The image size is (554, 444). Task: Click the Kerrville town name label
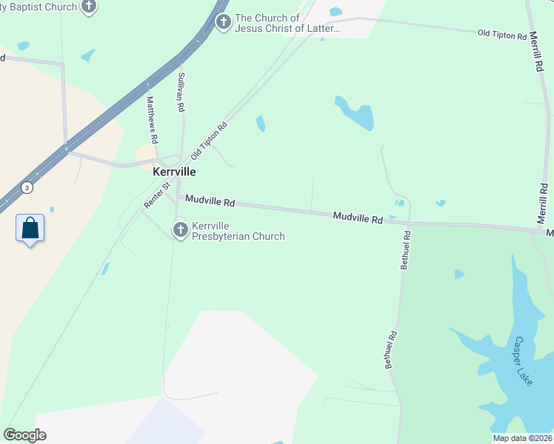[174, 171]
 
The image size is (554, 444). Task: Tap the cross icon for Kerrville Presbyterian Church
[180, 231]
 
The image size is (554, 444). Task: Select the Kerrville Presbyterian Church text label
[238, 231]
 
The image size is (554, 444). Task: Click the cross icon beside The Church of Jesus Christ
[223, 23]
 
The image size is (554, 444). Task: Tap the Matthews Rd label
[152, 119]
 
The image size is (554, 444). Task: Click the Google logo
[24, 434]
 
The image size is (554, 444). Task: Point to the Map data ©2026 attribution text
[522, 438]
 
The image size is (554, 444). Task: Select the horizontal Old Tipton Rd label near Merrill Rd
[502, 34]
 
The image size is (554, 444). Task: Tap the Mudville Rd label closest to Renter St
[210, 201]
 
